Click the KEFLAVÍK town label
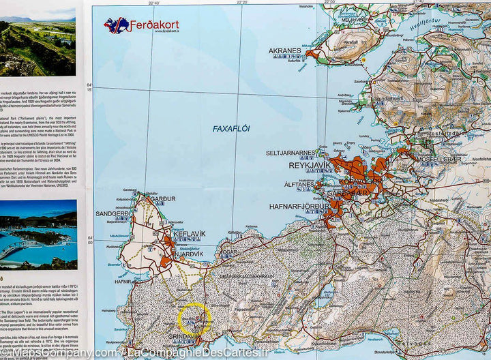point(189,234)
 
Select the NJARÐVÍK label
point(186,248)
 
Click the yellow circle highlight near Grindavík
point(194,318)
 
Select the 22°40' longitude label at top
point(153,3)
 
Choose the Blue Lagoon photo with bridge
point(38,234)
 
